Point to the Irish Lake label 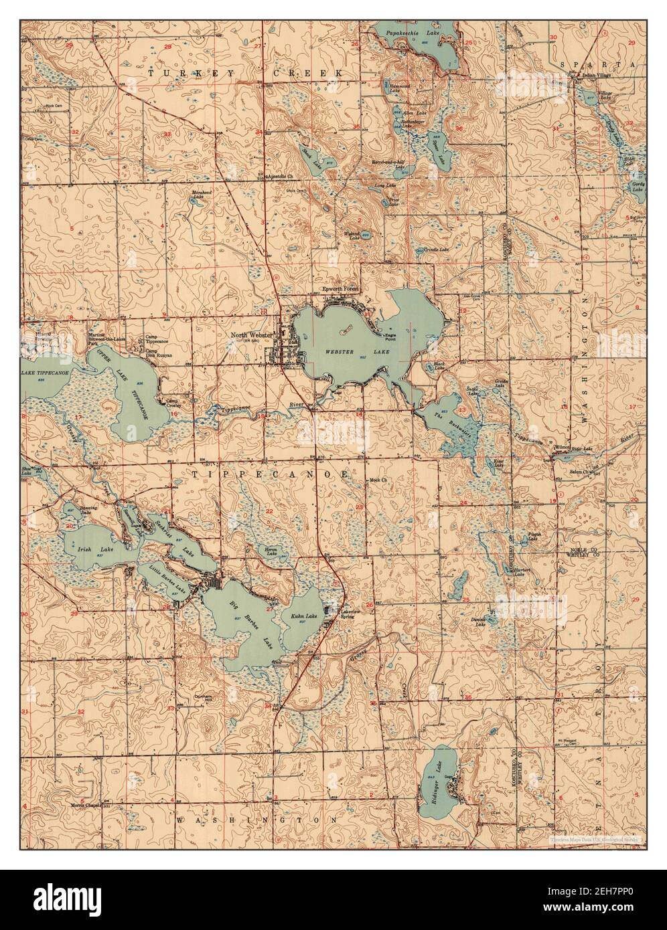point(86,549)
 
